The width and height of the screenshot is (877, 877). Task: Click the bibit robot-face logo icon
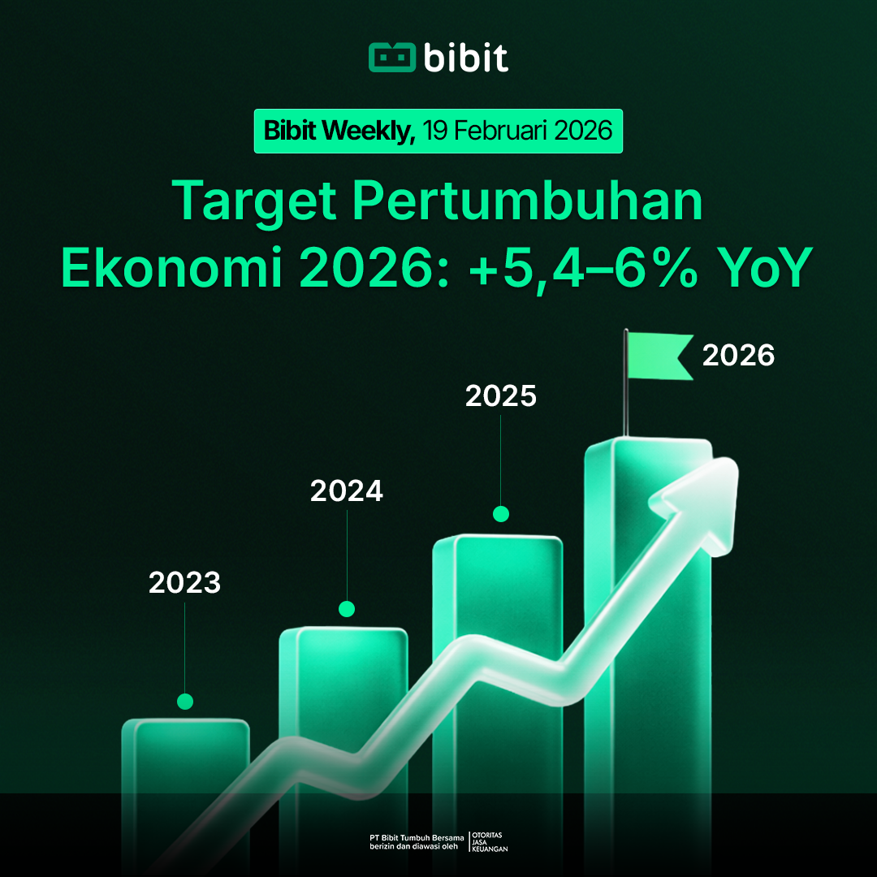coord(391,58)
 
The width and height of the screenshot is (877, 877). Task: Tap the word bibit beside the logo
coord(465,57)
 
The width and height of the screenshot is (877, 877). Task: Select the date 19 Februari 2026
coord(517,131)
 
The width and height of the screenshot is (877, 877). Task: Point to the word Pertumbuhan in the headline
coord(528,201)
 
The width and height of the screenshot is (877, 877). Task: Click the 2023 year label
coord(184,583)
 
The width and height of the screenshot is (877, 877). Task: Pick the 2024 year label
coord(347,490)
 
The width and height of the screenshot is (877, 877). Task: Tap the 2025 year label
coord(501,396)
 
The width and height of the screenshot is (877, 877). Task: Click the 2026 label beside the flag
coord(738,356)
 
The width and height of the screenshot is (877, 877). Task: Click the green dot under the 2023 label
coord(185,702)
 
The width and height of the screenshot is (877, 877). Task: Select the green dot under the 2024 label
coord(347,608)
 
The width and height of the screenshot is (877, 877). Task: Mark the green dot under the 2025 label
coord(501,513)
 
